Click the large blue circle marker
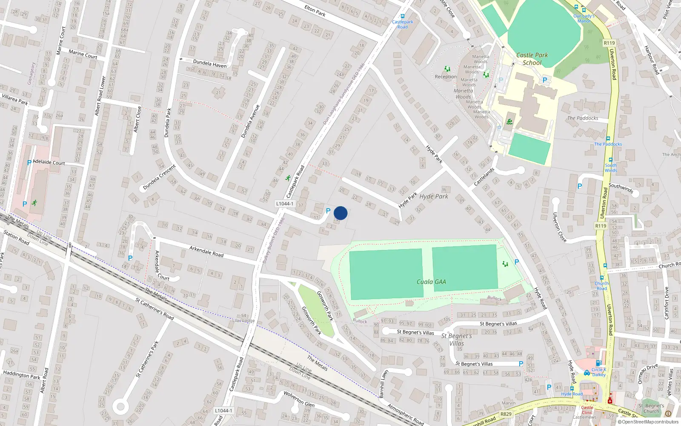click(x=340, y=213)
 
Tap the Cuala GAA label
click(x=431, y=282)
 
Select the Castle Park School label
click(x=532, y=59)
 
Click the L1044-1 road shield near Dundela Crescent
click(x=284, y=204)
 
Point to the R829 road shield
click(x=506, y=414)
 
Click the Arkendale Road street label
click(x=206, y=251)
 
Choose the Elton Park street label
click(x=315, y=11)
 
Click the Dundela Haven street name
click(x=210, y=64)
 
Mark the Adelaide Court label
click(x=49, y=162)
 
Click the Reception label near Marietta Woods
click(x=446, y=77)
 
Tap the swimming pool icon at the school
click(x=509, y=122)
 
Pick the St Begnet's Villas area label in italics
click(x=456, y=340)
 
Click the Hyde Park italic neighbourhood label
click(x=434, y=196)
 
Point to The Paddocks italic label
click(x=582, y=118)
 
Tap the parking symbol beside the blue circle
click(x=328, y=211)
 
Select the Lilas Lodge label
click(x=243, y=321)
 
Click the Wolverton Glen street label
click(x=299, y=399)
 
